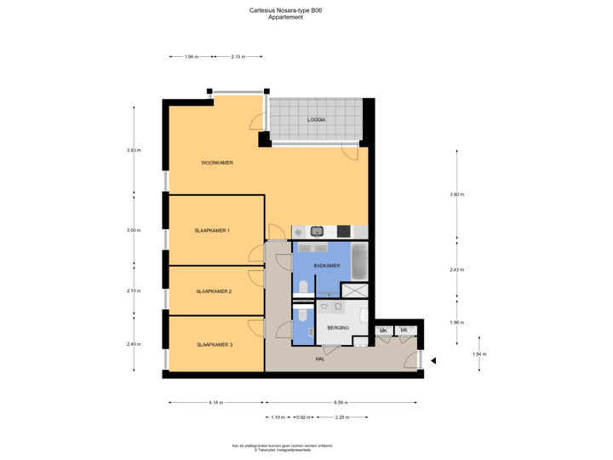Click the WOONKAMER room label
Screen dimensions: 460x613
217,163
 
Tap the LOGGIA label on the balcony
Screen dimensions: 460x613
317,120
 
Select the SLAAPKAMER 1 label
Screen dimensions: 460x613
213,231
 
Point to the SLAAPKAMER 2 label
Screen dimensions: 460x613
214,291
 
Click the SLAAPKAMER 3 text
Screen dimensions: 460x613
215,345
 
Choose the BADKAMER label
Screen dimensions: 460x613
326,266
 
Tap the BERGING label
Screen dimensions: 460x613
338,328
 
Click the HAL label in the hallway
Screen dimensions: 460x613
320,359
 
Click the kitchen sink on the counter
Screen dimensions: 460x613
316,231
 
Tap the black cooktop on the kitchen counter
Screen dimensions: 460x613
344,231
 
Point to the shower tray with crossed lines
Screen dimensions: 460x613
354,290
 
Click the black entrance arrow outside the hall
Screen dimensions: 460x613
432,360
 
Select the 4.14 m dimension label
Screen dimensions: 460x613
215,402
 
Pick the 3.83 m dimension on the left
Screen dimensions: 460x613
133,151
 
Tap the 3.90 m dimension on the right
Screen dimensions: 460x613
457,194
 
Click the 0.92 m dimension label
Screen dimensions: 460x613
302,417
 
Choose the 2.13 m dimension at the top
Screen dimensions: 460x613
238,57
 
